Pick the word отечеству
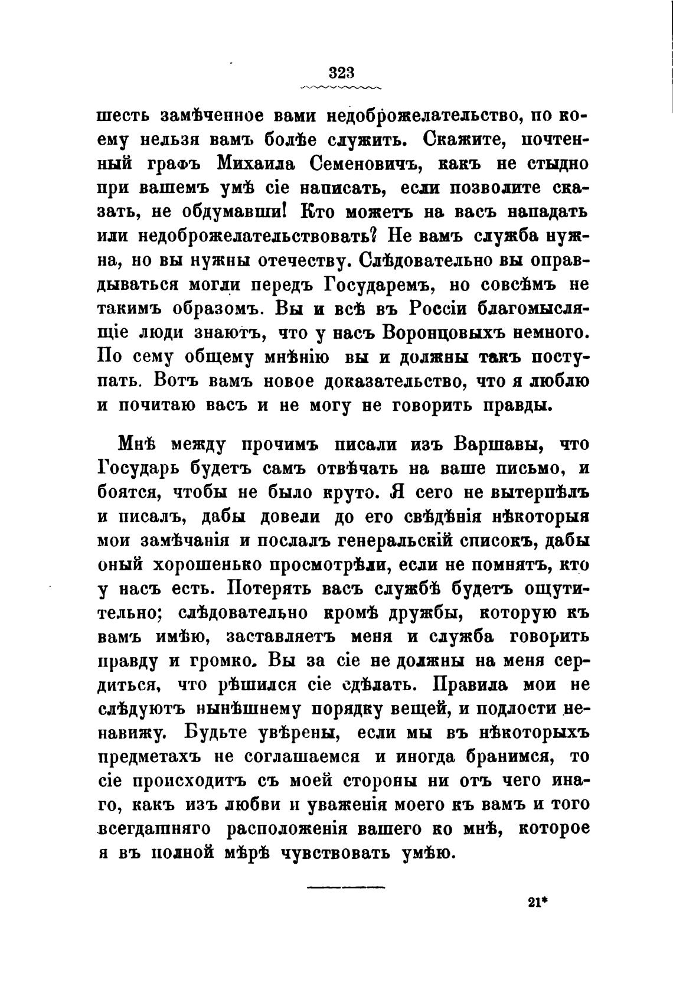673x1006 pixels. [300, 260]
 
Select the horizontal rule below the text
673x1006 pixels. [345, 887]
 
